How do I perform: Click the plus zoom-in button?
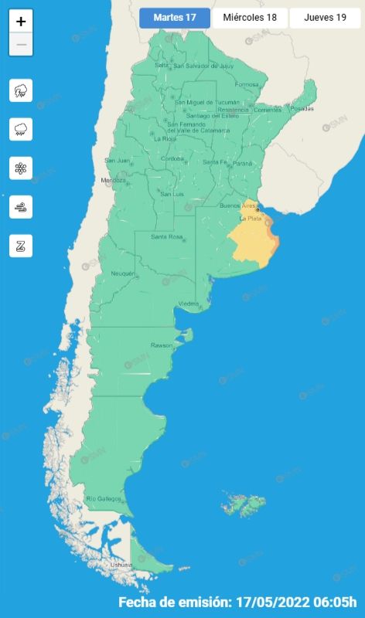tap(21, 22)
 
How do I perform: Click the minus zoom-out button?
tap(21, 45)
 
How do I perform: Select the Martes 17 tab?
tap(174, 18)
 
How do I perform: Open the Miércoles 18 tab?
tap(250, 18)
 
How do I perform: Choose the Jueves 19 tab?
tap(325, 18)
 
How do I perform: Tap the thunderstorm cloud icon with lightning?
tap(21, 91)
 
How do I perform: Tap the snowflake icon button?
tap(21, 168)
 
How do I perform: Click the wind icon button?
tap(21, 206)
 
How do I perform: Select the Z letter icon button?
tap(21, 246)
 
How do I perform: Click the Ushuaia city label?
tap(121, 565)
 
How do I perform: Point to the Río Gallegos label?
tap(104, 498)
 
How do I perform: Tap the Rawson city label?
tap(162, 345)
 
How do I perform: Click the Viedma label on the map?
tap(189, 304)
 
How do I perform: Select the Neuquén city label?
tap(123, 273)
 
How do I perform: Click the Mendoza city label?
tap(113, 181)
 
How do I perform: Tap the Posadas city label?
tap(302, 108)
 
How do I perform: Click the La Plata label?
tap(250, 219)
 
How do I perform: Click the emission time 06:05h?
tap(337, 602)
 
